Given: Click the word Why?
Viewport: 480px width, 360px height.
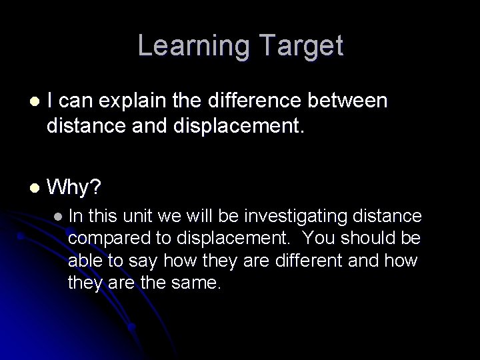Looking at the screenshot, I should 74,187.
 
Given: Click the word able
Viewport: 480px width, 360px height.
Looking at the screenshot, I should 83,260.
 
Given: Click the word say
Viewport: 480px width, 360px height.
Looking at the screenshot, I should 137,260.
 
